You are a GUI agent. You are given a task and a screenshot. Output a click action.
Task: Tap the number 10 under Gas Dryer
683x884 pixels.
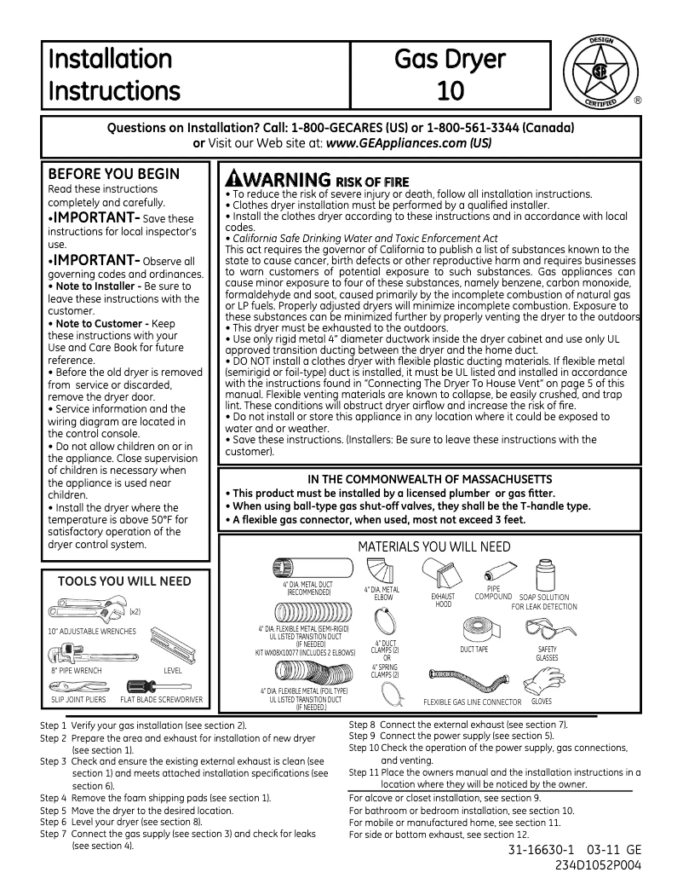[x=450, y=90]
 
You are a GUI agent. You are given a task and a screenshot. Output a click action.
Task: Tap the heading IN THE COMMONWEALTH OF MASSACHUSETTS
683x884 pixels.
[x=429, y=479]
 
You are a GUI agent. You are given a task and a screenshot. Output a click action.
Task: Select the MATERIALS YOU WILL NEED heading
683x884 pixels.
[x=434, y=546]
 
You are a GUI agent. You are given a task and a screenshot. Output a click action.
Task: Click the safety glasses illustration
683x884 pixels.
[x=547, y=632]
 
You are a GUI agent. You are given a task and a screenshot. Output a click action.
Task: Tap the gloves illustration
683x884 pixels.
[x=542, y=679]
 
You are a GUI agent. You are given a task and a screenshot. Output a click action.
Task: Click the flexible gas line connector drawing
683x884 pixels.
[x=471, y=683]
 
